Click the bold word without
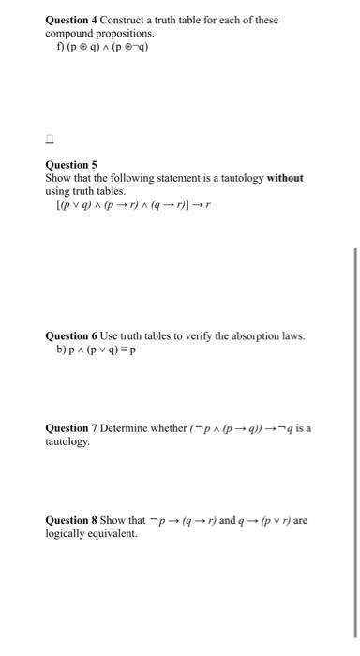click(x=285, y=177)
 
